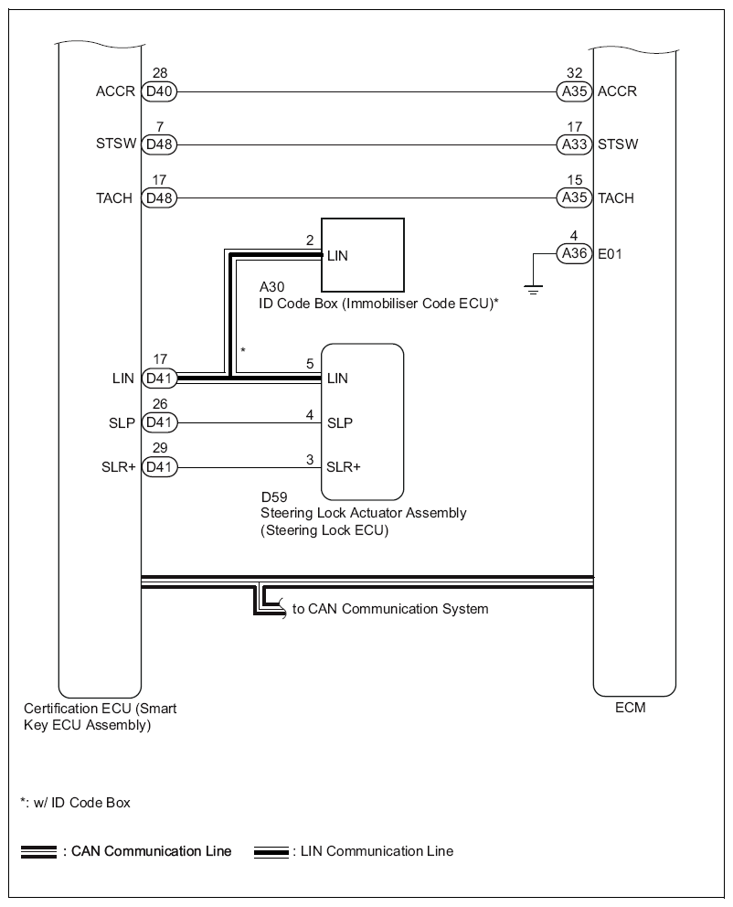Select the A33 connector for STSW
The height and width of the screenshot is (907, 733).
coord(574,144)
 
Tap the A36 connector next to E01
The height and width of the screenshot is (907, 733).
coord(574,255)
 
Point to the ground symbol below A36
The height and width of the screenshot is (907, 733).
coord(533,290)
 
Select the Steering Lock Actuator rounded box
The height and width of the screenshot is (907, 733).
coord(363,418)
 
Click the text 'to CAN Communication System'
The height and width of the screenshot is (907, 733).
coord(390,609)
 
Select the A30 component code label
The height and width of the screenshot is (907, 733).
coord(271,287)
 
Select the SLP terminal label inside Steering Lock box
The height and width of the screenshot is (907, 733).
coord(340,422)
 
